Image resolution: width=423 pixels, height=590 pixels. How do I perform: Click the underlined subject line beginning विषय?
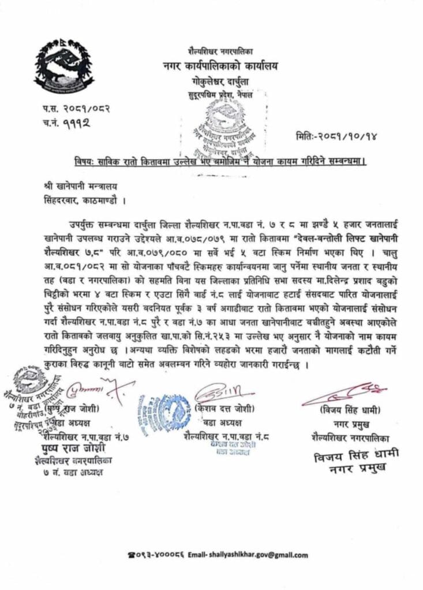coord(223,161)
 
